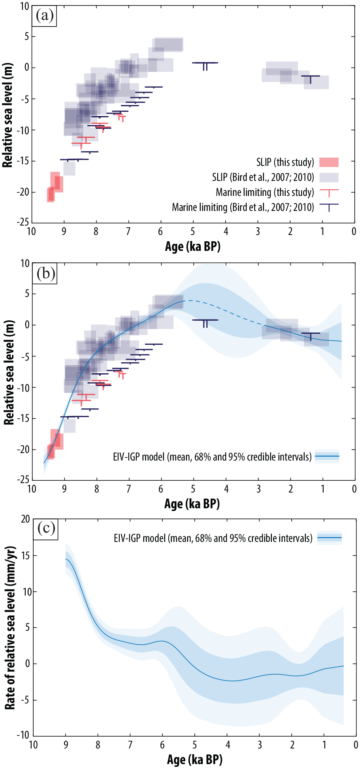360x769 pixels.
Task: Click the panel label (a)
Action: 44,16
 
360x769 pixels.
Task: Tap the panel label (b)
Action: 45,273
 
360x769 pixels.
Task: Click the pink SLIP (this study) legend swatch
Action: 329,162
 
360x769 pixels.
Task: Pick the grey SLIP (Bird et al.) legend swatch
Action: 329,177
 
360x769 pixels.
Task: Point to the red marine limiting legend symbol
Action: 329,193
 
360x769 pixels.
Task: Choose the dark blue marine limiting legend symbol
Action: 329,207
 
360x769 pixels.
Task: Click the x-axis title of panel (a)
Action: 192,247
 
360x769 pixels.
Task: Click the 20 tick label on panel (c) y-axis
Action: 26,519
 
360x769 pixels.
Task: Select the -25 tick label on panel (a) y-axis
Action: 22,222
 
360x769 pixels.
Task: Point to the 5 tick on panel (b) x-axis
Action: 193,489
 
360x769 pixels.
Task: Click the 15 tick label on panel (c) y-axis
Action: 26,555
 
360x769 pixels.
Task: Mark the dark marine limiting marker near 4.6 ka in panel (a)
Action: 205,66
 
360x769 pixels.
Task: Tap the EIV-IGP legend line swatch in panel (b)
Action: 327,457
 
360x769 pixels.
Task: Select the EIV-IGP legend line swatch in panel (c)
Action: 330,538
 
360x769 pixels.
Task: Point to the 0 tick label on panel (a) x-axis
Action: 354,231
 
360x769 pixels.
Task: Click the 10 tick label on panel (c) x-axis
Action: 33,745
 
